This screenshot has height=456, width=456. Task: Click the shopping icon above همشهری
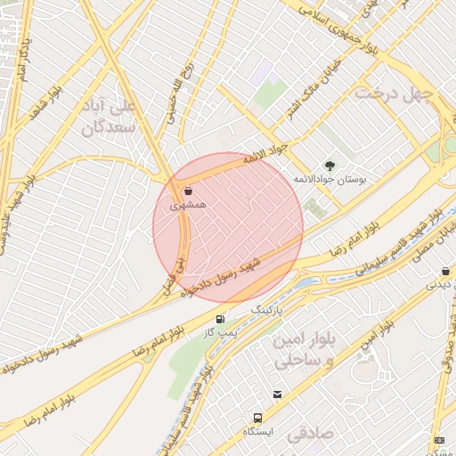click(x=188, y=191)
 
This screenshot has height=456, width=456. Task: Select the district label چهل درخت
click(x=393, y=93)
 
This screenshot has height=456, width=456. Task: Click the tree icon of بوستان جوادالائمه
click(x=330, y=165)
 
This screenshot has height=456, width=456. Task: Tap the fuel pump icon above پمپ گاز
click(x=219, y=319)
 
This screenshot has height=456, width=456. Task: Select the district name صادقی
click(x=308, y=434)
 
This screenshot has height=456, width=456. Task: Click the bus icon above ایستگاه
click(x=257, y=417)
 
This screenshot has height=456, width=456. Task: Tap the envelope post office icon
click(x=278, y=395)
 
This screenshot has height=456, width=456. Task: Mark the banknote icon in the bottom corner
click(x=438, y=440)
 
